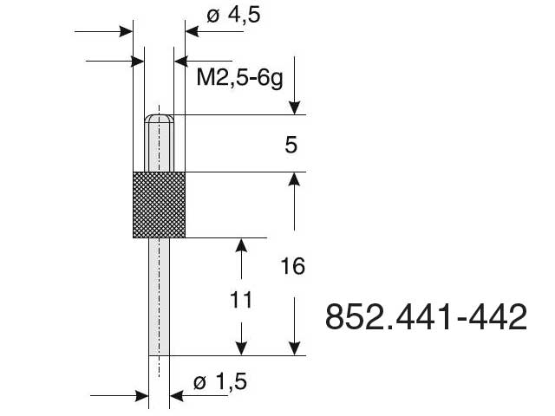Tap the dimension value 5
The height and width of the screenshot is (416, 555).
click(291, 144)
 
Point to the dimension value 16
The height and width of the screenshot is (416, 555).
click(293, 266)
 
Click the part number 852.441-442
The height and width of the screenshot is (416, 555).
click(426, 316)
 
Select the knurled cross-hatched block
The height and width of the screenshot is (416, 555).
click(159, 205)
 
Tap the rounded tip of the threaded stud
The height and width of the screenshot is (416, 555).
click(160, 118)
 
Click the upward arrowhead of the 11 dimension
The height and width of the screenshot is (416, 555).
click(242, 245)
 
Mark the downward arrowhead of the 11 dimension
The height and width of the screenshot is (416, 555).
click(242, 348)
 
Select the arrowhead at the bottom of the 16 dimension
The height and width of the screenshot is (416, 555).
click(296, 348)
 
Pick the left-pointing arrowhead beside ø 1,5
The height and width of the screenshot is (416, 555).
click(177, 395)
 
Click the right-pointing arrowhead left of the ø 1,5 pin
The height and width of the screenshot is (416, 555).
click(140, 395)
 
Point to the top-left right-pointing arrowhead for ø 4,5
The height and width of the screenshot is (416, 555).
click(126, 32)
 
